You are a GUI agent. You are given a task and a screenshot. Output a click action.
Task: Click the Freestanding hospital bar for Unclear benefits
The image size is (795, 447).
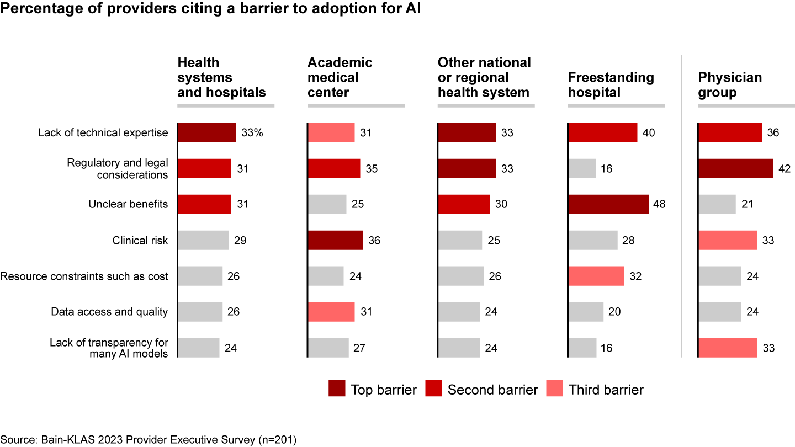click(x=608, y=204)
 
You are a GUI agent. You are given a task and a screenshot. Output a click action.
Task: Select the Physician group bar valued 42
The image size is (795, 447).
click(x=735, y=168)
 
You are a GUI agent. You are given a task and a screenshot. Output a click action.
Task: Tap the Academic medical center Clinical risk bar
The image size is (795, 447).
click(x=335, y=240)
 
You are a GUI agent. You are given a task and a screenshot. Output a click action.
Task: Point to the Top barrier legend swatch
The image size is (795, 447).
click(x=337, y=389)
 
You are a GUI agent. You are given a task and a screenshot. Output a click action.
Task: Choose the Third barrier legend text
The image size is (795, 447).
click(x=606, y=390)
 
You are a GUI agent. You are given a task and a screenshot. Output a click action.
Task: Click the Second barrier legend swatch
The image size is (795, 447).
click(x=433, y=389)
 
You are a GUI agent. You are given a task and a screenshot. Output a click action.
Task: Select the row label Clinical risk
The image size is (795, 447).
click(x=140, y=240)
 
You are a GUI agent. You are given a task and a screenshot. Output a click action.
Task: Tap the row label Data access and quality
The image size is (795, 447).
click(x=109, y=312)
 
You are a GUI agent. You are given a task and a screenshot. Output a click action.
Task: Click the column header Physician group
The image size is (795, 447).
click(x=730, y=84)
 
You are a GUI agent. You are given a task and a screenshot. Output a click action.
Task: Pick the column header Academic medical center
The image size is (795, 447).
click(x=340, y=77)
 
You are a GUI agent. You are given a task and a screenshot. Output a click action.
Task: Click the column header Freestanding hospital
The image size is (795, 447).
click(x=611, y=84)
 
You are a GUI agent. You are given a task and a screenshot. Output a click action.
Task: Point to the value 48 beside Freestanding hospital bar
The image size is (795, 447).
click(x=659, y=204)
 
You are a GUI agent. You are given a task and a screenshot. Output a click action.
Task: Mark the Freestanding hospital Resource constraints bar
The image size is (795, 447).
click(x=596, y=276)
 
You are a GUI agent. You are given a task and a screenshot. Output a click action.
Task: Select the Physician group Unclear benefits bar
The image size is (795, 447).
click(x=717, y=204)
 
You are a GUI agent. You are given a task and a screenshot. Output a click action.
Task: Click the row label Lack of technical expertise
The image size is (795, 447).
click(x=103, y=133)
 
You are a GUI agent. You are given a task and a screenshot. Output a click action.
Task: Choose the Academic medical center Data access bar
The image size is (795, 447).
click(x=331, y=312)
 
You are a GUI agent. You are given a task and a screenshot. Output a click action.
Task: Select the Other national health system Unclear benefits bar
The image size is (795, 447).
click(x=463, y=204)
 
